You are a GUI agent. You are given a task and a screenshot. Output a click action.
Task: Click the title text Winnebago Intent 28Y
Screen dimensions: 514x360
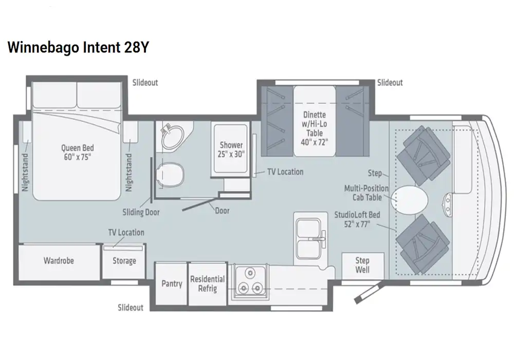click(78, 47)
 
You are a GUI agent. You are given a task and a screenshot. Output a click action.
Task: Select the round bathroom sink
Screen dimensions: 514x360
click(173, 137)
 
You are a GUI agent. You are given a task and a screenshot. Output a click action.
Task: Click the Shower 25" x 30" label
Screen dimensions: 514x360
click(231, 149)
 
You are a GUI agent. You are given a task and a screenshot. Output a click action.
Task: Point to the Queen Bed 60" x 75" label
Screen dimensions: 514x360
click(78, 153)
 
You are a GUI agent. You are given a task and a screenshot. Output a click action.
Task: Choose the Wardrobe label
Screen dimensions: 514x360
click(59, 261)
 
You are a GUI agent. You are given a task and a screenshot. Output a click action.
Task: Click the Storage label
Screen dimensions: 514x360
click(124, 261)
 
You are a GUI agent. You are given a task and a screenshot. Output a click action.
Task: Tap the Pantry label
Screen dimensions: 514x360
click(172, 283)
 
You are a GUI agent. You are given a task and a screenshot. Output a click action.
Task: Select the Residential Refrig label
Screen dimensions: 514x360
click(208, 283)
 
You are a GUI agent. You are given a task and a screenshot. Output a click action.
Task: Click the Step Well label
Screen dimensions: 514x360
click(362, 265)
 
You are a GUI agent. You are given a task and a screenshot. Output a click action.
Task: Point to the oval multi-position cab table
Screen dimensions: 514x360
click(409, 199)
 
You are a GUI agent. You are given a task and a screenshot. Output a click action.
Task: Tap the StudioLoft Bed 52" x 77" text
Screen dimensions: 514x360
click(357, 219)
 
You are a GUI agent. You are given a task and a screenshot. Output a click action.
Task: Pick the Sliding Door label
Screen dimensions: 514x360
click(141, 212)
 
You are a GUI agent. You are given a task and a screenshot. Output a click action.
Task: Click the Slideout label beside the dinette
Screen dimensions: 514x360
click(390, 83)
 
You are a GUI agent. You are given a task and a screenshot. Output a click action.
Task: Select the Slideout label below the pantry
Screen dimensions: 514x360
click(131, 308)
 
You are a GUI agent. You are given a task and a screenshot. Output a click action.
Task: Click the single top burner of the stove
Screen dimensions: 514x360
click(250, 272)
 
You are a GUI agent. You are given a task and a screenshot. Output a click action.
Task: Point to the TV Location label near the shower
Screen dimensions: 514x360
click(285, 172)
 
